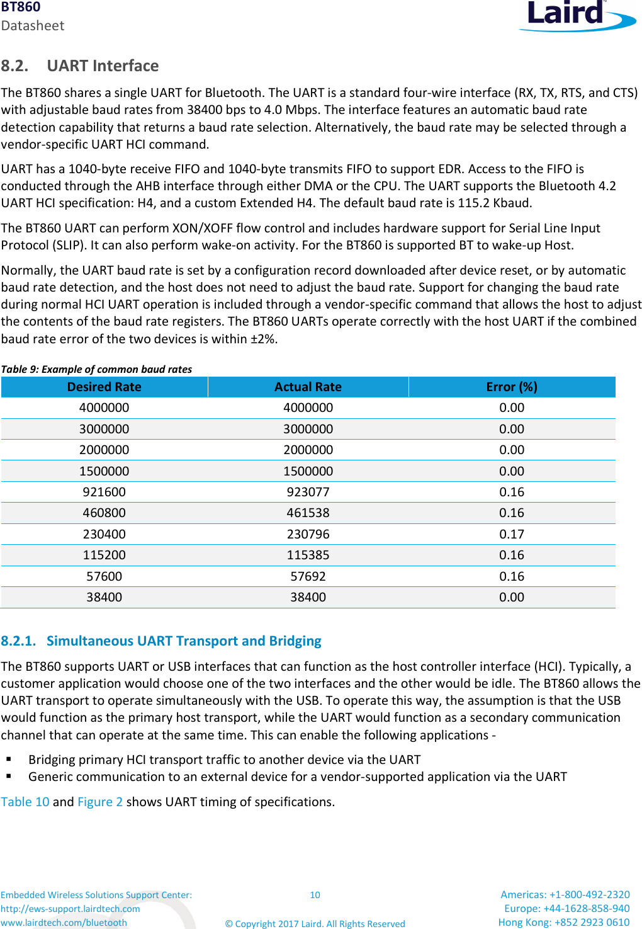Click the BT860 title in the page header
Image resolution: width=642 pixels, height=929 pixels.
point(21,8)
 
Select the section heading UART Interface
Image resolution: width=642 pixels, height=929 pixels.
point(103,66)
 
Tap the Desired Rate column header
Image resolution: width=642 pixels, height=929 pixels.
point(104,387)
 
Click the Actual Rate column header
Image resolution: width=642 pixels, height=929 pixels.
point(308,387)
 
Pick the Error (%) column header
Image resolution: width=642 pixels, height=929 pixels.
point(512,387)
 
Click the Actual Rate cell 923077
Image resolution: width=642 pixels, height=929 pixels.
point(308,492)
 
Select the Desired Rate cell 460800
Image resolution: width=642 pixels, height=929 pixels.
point(104,513)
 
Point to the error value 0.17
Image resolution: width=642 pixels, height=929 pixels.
point(512,534)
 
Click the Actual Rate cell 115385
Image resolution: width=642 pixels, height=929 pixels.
point(308,555)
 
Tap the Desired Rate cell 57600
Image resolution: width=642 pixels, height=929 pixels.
point(104,576)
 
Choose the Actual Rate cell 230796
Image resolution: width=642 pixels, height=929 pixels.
point(308,534)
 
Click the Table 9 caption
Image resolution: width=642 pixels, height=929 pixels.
point(96,369)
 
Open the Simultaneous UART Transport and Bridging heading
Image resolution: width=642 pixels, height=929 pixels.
point(183,641)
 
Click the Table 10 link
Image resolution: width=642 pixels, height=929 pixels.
point(25,802)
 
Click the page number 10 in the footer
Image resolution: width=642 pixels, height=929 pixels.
point(315,895)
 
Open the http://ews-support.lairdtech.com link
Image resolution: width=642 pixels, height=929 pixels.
point(70,909)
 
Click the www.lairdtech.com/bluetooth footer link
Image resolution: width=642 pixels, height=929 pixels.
point(64,923)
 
